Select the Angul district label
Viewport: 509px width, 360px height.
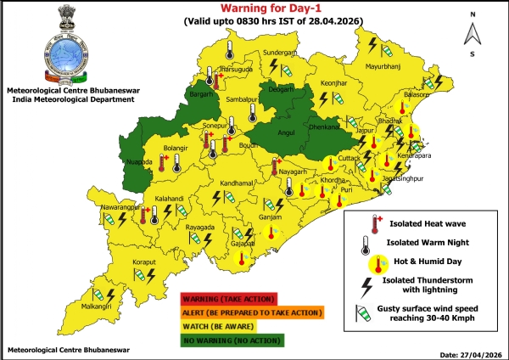[286, 132]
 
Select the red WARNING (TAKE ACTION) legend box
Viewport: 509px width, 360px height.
[229, 298]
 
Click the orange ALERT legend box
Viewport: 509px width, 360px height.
[252, 312]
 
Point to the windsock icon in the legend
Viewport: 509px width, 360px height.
[372, 316]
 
